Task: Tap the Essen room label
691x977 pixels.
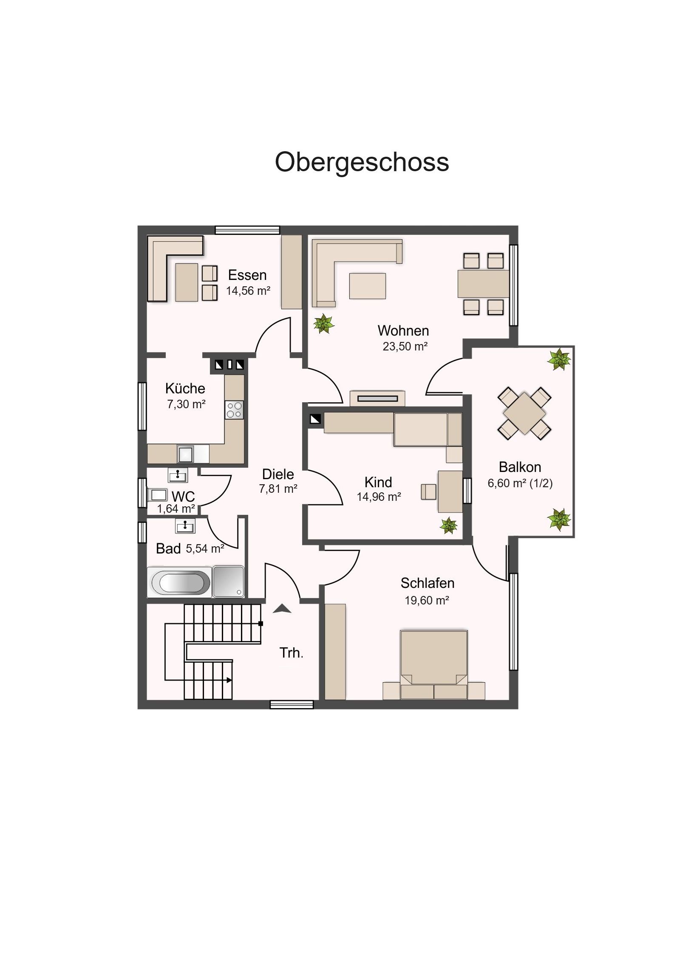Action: [247, 275]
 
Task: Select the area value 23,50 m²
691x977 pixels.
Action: [405, 346]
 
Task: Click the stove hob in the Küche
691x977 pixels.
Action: [234, 410]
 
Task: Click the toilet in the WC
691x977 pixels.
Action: [158, 494]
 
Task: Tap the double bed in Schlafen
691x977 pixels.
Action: [434, 665]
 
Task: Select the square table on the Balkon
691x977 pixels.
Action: [524, 413]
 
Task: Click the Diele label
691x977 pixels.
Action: [278, 474]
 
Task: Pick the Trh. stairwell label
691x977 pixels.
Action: [291, 653]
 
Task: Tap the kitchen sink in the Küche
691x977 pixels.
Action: [186, 454]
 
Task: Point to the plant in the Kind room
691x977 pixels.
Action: [449, 525]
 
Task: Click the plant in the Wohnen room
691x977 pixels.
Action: [324, 324]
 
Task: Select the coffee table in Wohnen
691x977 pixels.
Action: [368, 286]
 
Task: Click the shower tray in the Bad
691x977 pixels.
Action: [229, 582]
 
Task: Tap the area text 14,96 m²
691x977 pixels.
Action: [379, 497]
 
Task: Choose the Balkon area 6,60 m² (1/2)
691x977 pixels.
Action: [520, 483]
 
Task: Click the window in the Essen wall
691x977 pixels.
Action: [247, 230]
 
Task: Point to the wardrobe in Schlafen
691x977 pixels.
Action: [335, 652]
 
